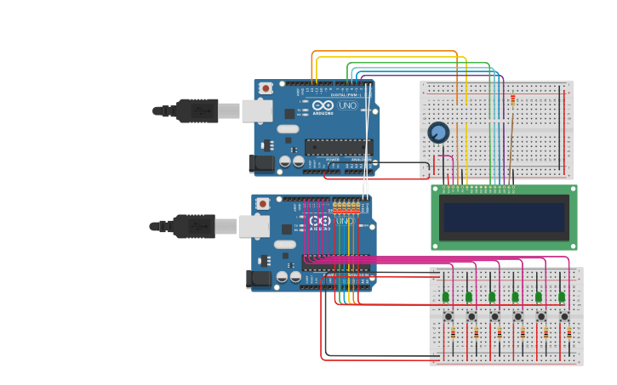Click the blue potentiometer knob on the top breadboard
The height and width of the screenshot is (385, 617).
(438, 133)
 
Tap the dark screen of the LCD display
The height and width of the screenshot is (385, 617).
(504, 217)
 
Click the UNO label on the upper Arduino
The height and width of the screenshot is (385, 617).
(347, 106)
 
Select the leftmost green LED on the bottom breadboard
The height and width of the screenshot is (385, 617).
(445, 297)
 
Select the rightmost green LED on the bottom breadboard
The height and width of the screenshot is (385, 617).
(562, 297)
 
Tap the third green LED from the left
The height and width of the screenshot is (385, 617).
(492, 297)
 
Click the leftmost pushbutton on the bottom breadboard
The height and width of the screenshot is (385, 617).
(448, 316)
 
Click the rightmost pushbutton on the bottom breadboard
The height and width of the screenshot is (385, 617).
(564, 316)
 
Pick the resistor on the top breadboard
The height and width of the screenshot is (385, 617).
(512, 100)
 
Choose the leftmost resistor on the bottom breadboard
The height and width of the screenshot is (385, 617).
(453, 333)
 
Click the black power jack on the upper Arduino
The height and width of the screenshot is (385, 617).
(261, 163)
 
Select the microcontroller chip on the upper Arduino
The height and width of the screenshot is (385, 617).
(338, 147)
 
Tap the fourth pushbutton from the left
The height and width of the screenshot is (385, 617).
(518, 316)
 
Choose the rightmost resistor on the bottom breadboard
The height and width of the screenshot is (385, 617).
(568, 333)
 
